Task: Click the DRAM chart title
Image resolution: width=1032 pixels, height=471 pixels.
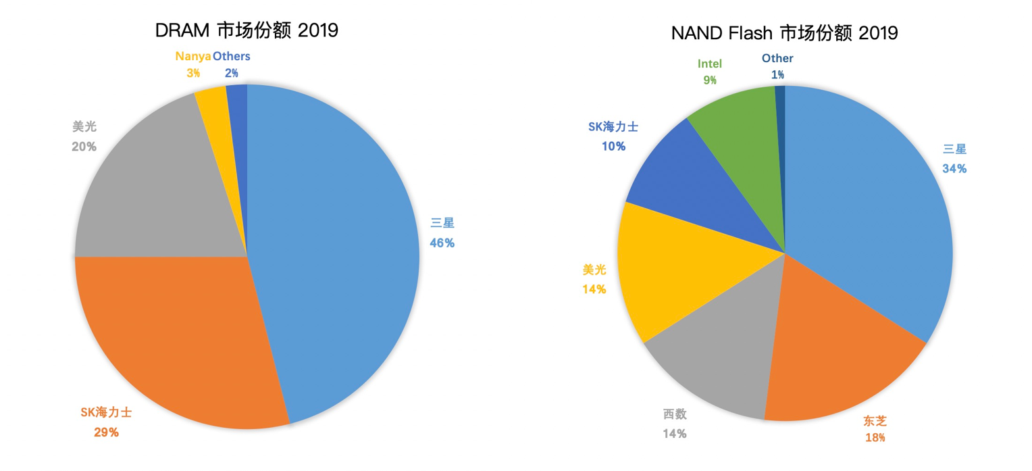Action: point(247,30)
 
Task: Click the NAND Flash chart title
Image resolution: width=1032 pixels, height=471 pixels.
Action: point(784,32)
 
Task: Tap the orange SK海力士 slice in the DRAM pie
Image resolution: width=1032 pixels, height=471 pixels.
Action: point(182,338)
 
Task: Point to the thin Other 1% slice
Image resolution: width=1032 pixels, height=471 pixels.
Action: point(781,135)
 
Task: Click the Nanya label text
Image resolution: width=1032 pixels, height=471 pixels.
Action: point(193,57)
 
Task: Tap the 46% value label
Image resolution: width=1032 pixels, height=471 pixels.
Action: point(442,243)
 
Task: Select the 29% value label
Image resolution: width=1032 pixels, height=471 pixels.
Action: point(107,432)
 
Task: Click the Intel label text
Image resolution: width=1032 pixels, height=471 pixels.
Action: point(709,64)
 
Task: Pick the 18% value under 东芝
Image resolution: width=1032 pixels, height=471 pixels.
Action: point(875,437)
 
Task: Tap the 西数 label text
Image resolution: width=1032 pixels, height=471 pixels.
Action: point(674,414)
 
